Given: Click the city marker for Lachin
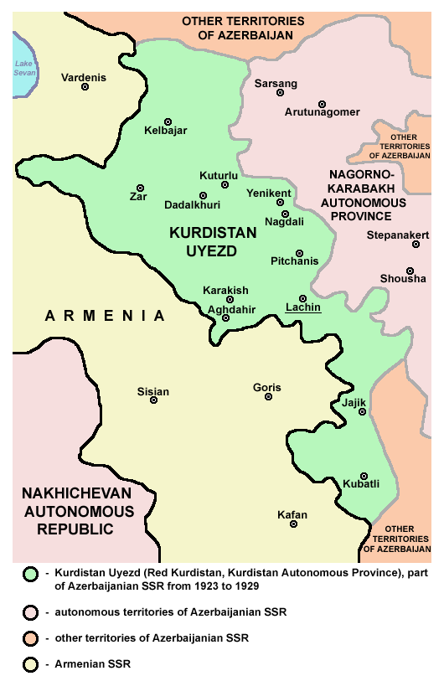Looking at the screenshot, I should point(302,298).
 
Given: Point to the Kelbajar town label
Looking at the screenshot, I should point(165,131).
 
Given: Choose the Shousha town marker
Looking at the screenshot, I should point(410,271).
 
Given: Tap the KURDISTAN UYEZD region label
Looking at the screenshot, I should point(203,241).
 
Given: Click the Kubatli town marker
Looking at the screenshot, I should point(364,476).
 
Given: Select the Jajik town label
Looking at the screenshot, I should point(354,402).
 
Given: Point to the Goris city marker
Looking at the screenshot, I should point(268,396).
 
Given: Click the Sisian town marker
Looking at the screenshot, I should point(153,400).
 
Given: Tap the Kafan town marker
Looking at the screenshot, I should point(293,524).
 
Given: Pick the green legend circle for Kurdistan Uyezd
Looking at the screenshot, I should point(32,574).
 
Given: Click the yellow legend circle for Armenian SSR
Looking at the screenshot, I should point(32,664).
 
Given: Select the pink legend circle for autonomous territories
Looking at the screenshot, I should point(32,612).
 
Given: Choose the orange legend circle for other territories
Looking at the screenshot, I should point(32,638).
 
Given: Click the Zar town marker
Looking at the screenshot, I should point(140,188).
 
